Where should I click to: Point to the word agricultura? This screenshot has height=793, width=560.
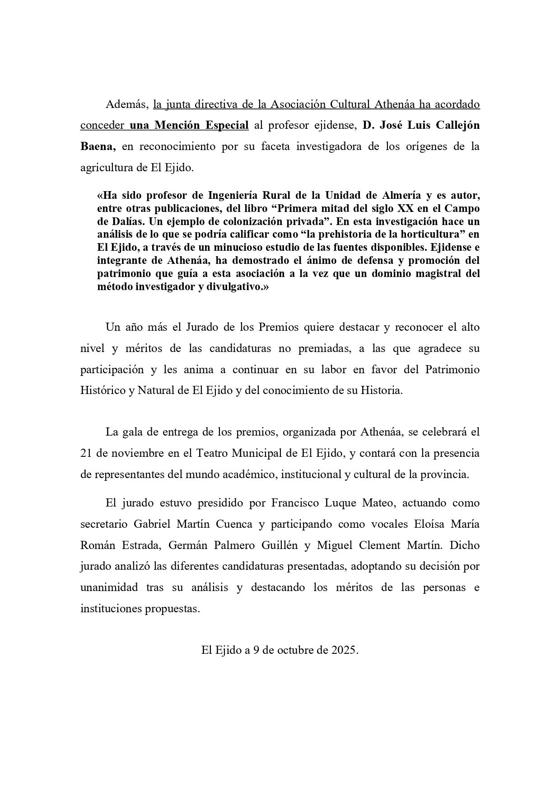[x=106, y=168]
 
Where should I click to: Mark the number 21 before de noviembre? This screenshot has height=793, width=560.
[x=87, y=453]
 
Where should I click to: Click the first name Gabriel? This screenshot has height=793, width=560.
[x=152, y=524]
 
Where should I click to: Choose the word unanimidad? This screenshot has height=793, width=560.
[x=109, y=588]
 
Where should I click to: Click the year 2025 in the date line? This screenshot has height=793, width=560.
[x=344, y=650]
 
